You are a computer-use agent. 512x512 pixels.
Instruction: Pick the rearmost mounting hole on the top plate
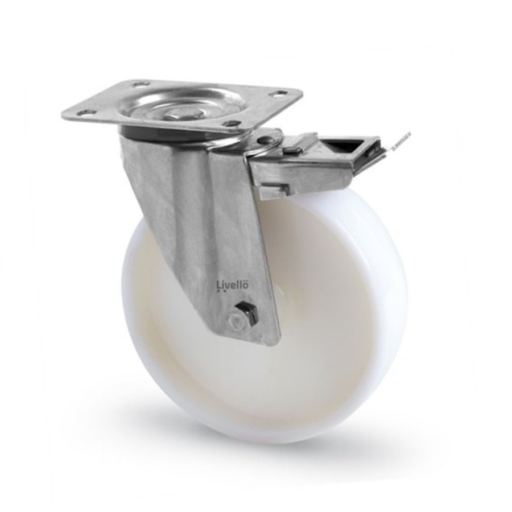[x=138, y=85]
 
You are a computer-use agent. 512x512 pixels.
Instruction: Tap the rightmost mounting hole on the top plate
[x=278, y=93]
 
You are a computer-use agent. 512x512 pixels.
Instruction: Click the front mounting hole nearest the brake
[x=230, y=123]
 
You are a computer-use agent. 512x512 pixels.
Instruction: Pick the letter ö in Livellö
[x=245, y=284]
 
